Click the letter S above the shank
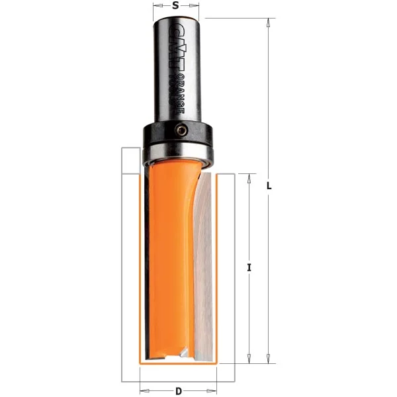[x=175, y=5]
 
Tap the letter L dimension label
[x=269, y=187]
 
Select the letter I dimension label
[x=249, y=267]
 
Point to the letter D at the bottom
[x=179, y=391]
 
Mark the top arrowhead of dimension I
[x=249, y=177]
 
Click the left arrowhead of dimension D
[x=144, y=390]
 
